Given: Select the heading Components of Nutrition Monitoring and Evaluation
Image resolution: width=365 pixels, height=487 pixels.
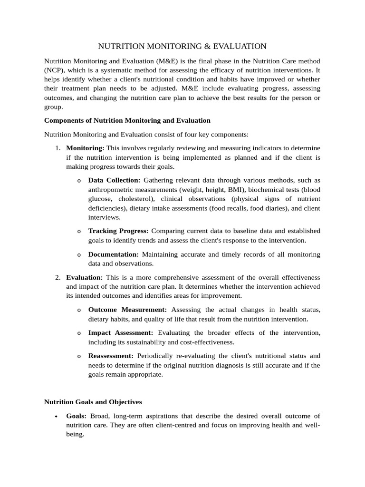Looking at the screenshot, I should pos(127,120).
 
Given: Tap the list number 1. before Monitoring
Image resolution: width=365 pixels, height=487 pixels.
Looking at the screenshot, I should pos(58,148).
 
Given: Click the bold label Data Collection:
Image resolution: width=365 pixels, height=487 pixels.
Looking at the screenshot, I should pos(114,180).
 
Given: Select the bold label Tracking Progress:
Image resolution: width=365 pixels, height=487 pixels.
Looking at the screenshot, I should pos(118,231).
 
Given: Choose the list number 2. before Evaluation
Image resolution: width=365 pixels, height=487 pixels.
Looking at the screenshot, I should pos(58,277).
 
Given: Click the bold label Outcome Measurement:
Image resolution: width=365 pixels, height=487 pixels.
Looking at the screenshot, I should pos(127,310).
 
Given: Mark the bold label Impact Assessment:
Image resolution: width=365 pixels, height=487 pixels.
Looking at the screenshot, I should pos(121,332).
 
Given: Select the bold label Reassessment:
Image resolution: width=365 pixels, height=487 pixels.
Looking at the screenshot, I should pos(111,356).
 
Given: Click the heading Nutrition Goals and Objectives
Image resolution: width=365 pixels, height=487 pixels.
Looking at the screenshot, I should pos(93,402).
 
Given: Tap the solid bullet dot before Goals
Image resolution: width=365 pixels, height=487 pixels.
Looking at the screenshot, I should pos(57,417).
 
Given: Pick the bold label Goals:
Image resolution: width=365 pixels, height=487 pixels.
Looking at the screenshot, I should pos(76,416).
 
